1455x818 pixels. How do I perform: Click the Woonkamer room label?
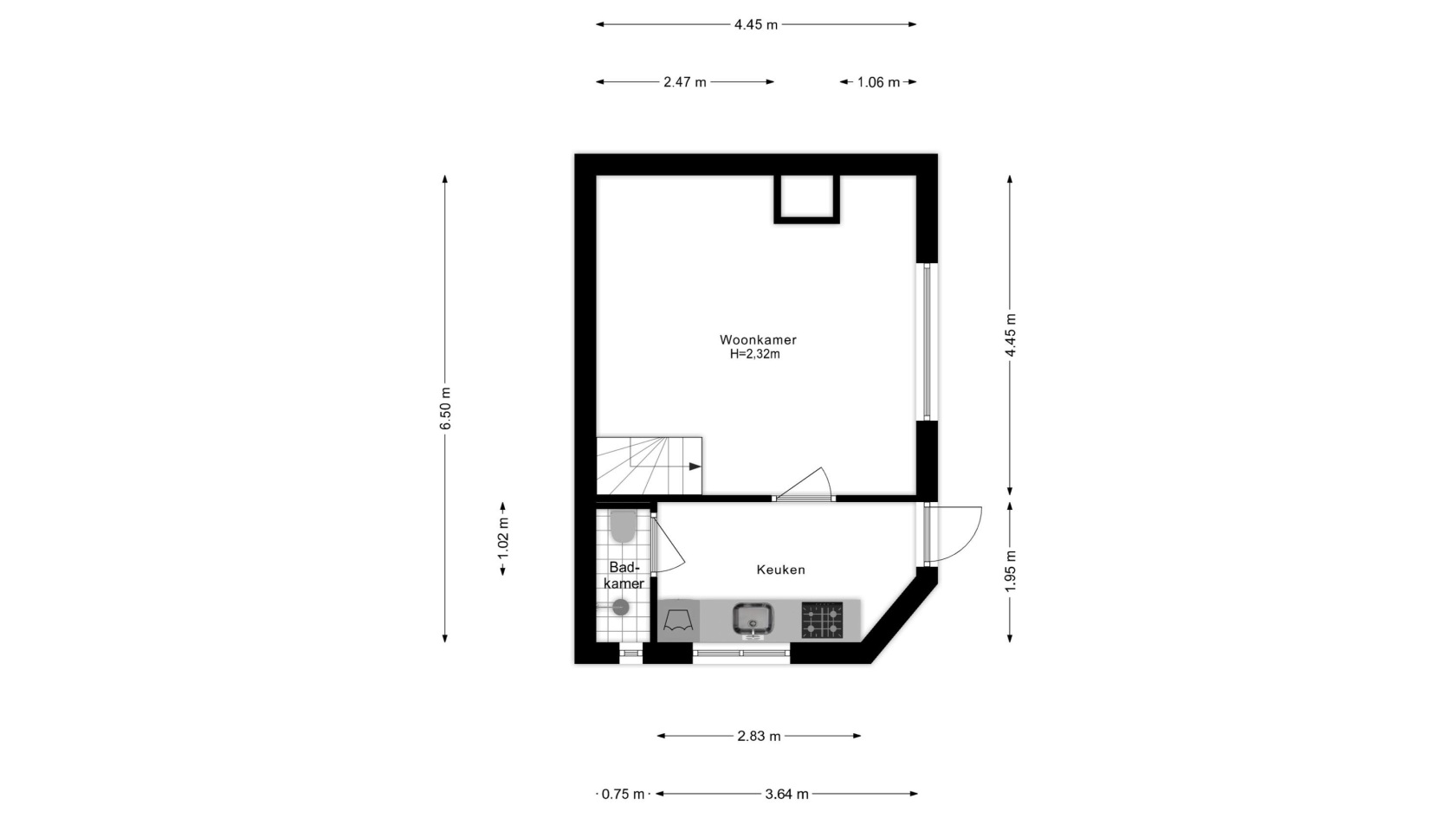coord(757,339)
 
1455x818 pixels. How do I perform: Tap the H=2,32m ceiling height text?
coord(755,355)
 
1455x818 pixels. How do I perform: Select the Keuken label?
coord(781,570)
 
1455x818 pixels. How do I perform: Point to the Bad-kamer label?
coord(624,575)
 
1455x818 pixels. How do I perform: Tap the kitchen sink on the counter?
coord(753,620)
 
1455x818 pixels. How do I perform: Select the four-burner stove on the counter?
coord(822,620)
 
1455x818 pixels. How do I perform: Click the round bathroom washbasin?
coord(620,608)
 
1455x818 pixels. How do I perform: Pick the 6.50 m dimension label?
coord(445,409)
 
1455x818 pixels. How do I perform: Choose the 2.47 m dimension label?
coord(684,82)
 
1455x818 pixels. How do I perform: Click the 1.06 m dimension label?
coord(878,82)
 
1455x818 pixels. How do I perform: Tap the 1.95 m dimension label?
coord(1010,571)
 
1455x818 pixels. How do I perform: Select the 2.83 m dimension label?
coord(759,736)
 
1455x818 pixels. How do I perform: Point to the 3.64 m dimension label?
coord(786,794)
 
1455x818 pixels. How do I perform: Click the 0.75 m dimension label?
coord(623,794)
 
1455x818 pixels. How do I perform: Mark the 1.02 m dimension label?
coord(502,538)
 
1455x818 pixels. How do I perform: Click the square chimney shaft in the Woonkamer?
coord(807,199)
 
